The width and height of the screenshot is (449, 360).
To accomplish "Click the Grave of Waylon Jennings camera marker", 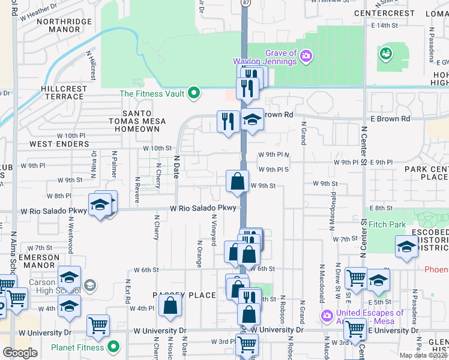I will point(307,56).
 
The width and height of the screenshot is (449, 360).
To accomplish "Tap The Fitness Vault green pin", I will point(193,93).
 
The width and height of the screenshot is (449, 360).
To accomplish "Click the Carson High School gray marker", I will point(90,284).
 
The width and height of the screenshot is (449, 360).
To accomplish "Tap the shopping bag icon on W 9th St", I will point(238,181).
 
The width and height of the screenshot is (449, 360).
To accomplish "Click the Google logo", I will point(19,352).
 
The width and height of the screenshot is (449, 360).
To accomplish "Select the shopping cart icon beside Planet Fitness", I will point(98,326).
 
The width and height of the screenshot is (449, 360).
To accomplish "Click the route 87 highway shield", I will point(246,3).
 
